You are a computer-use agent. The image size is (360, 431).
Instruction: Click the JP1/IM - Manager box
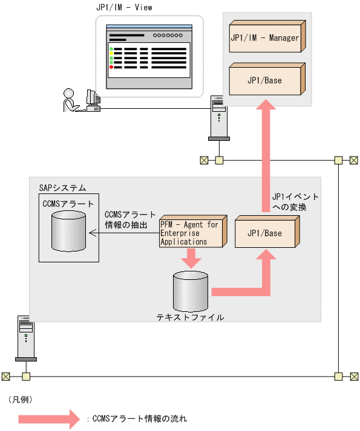265,38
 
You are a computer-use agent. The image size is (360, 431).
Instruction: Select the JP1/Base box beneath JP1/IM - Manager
265,80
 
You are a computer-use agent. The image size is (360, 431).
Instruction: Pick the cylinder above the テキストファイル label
190,291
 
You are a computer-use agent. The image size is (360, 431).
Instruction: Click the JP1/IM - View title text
125,8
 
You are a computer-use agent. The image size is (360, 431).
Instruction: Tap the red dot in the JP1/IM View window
111,66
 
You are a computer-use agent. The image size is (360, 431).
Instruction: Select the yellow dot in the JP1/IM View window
111,53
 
